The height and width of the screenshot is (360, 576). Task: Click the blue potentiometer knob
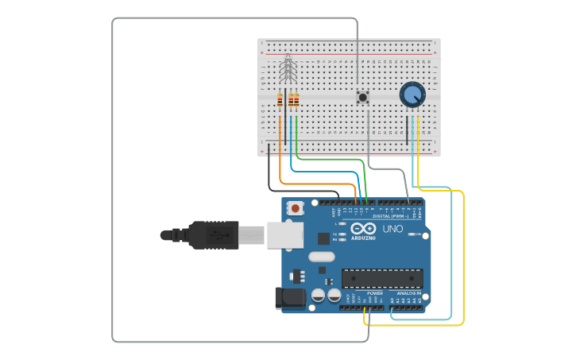(412, 95)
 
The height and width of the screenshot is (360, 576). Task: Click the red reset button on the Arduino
(296, 208)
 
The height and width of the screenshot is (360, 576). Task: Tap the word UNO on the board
(393, 229)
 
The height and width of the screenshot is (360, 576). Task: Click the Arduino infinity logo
(363, 229)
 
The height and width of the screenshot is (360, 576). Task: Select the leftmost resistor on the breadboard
(280, 100)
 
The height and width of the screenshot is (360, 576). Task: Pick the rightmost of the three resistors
(297, 100)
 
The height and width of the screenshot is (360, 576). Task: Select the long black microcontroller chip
(382, 278)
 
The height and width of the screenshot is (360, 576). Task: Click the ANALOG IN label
(409, 293)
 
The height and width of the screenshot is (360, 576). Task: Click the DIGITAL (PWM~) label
(391, 215)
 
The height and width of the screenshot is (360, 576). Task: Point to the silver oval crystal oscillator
(322, 257)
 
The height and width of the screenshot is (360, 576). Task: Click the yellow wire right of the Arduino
(463, 262)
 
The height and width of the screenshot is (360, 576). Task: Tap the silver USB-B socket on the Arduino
(284, 234)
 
